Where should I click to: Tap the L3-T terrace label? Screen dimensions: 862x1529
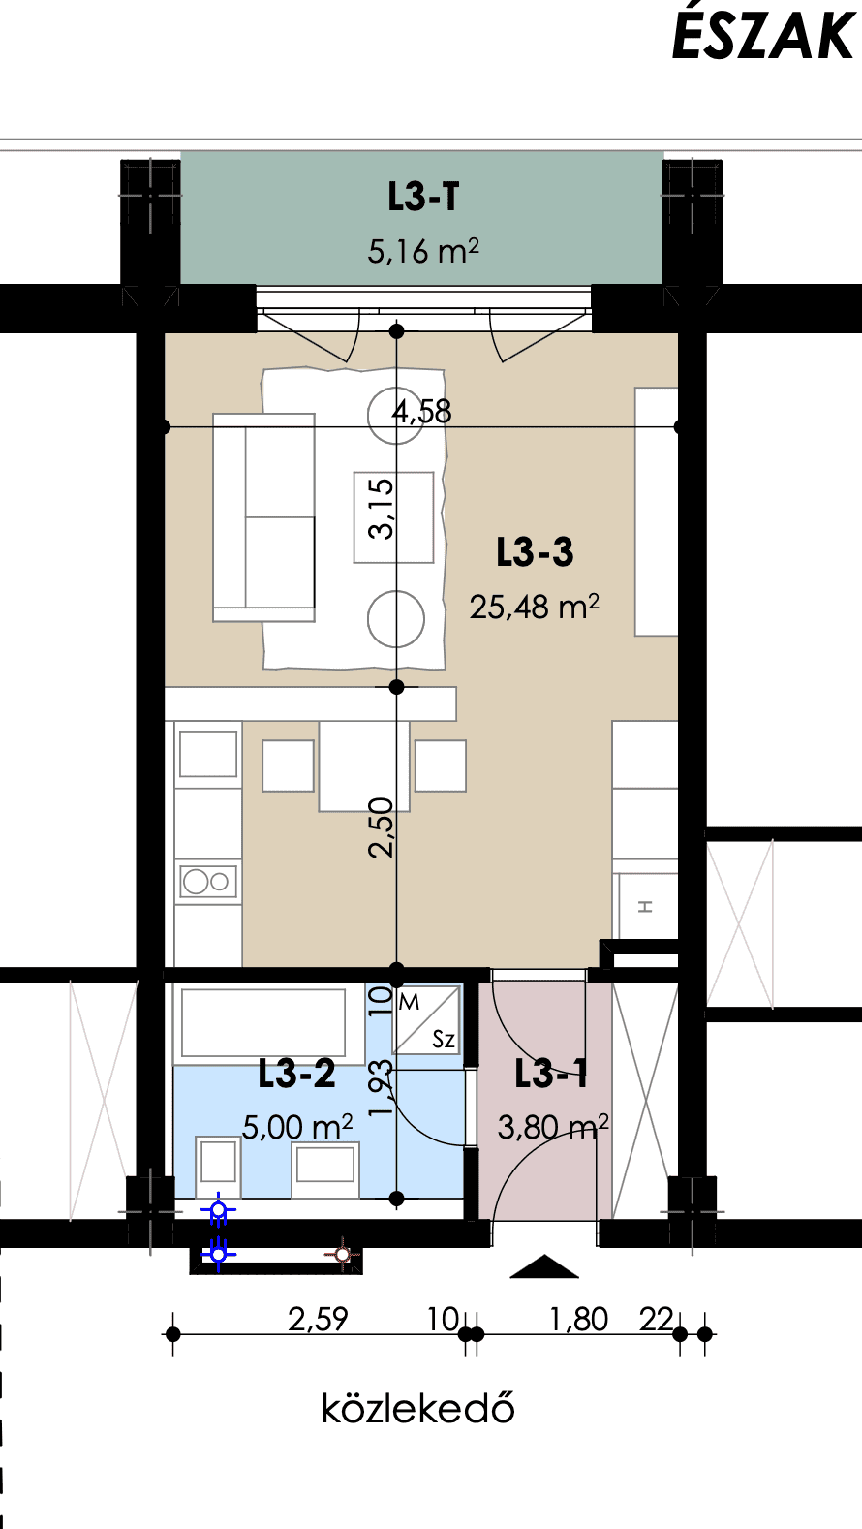tap(423, 198)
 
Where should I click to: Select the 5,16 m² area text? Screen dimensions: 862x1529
tap(423, 251)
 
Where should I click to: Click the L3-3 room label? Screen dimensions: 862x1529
tap(535, 552)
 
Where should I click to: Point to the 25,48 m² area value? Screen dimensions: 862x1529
tap(535, 607)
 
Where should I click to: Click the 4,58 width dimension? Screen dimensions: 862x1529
tap(421, 412)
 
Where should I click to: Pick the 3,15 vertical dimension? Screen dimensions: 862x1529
tap(382, 509)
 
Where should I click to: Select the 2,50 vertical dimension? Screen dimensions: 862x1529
tap(382, 827)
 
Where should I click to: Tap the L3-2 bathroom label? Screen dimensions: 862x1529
tap(297, 1074)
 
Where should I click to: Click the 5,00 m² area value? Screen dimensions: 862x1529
tap(297, 1127)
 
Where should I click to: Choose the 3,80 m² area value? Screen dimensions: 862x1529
tap(553, 1127)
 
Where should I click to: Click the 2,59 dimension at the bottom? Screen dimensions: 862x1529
tap(318, 1320)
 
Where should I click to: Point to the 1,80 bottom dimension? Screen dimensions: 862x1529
tap(579, 1320)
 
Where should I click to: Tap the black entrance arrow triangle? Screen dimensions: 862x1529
tap(544, 1266)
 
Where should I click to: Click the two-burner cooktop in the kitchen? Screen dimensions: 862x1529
tap(208, 882)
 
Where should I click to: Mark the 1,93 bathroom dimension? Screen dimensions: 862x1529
tap(382, 1088)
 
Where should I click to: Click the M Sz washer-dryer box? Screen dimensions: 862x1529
tap(427, 1019)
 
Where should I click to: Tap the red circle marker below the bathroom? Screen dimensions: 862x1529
tap(342, 1254)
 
